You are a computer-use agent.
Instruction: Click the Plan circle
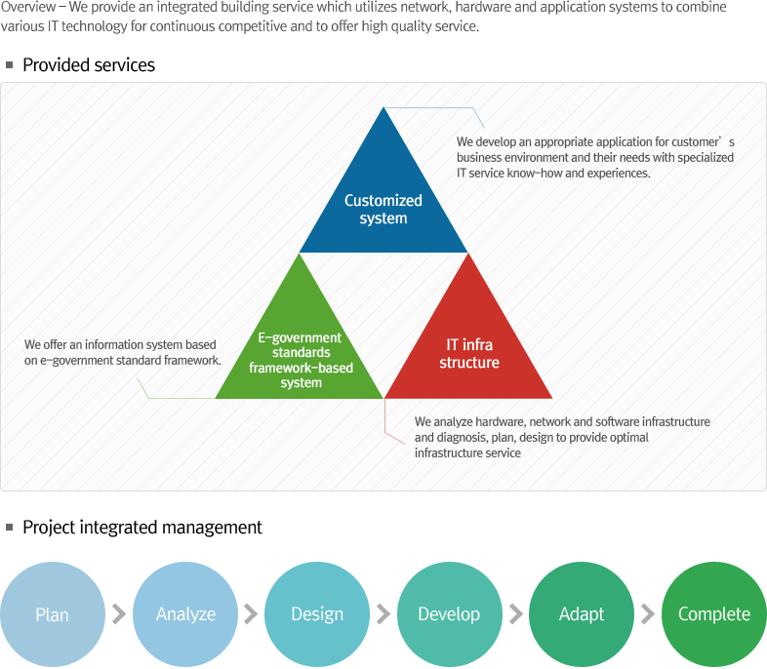(x=53, y=614)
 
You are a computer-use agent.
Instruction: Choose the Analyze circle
(x=185, y=614)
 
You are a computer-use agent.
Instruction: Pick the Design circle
(x=317, y=614)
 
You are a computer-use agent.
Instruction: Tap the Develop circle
(x=449, y=614)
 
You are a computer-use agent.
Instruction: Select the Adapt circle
(x=582, y=614)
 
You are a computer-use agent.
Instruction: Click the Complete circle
(x=714, y=614)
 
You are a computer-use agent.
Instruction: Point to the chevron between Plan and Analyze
(x=119, y=614)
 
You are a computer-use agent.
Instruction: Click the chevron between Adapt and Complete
(x=648, y=614)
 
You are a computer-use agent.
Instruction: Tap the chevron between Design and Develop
(x=383, y=614)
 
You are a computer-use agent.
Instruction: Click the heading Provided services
(x=89, y=65)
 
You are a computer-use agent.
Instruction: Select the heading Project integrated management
(x=142, y=528)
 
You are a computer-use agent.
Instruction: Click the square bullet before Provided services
(x=10, y=65)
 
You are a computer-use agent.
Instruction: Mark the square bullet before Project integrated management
(x=10, y=527)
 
